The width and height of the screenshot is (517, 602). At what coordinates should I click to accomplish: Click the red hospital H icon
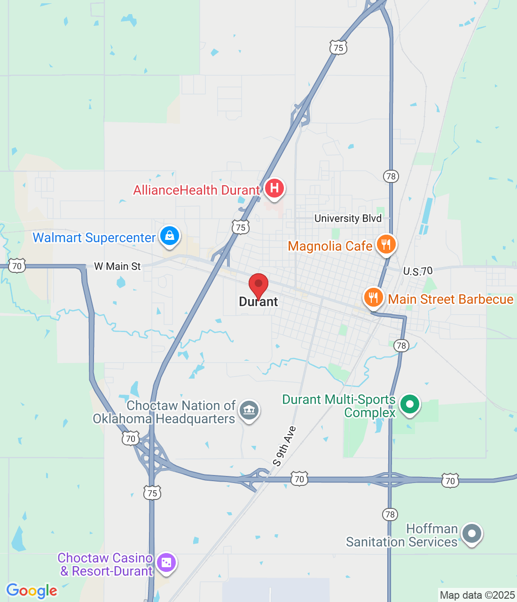(274, 189)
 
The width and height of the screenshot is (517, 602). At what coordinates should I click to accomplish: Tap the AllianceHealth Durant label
(196, 190)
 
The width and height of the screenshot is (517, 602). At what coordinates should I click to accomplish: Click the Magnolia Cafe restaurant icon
(386, 245)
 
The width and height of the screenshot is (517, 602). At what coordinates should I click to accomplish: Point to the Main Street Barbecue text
(450, 300)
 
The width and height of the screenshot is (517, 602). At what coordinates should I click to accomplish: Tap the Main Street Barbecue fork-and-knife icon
(373, 298)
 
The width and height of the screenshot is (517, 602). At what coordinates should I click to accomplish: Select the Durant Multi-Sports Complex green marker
(410, 404)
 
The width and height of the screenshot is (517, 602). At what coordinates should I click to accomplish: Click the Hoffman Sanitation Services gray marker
(472, 534)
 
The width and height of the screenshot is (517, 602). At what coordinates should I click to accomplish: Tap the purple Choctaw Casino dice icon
(166, 562)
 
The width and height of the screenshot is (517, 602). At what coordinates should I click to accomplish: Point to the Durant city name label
(258, 302)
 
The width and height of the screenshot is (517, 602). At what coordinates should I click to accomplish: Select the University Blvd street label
(348, 218)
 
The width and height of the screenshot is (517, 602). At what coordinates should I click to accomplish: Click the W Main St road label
(117, 267)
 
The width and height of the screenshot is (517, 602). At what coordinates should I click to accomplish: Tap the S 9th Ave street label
(285, 446)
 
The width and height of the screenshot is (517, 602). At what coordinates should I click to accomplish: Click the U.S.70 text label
(418, 271)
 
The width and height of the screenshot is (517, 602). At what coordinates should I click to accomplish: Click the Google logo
(31, 591)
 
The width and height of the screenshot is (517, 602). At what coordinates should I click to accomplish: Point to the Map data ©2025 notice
(477, 595)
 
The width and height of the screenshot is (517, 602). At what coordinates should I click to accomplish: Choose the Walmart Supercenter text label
(94, 238)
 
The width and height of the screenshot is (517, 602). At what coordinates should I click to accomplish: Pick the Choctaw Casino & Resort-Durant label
(106, 564)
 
